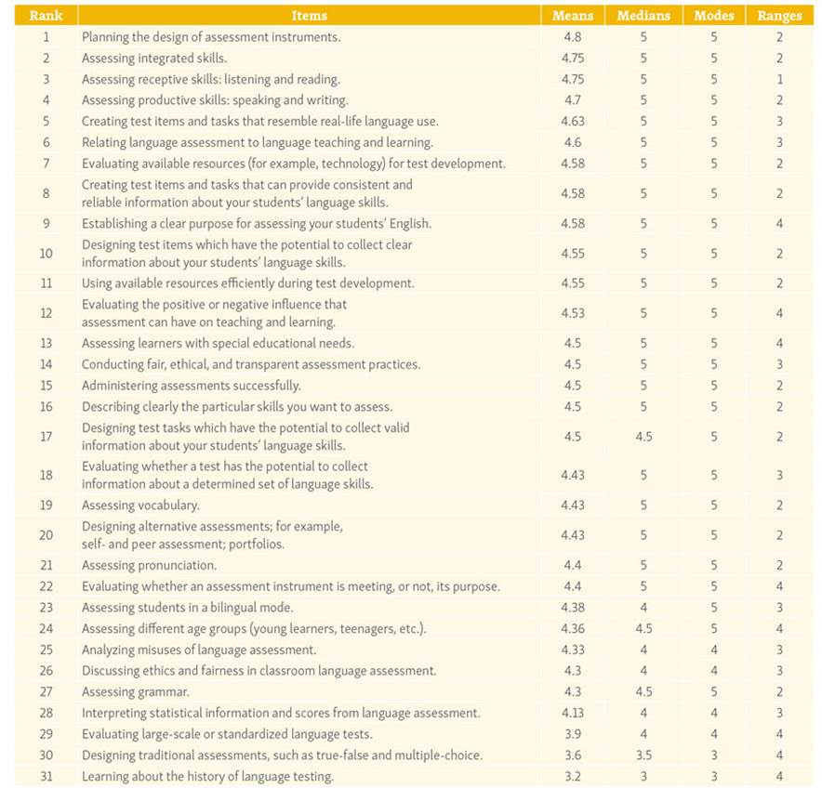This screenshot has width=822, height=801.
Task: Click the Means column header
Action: click(x=572, y=16)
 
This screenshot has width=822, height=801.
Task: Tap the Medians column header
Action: click(x=643, y=16)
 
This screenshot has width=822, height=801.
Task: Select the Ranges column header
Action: click(x=779, y=16)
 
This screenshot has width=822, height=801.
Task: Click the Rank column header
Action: click(x=46, y=16)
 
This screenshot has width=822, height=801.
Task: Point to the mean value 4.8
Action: click(x=572, y=37)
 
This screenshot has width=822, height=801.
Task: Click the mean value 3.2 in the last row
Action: click(x=572, y=776)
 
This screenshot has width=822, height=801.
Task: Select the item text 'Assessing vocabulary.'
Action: click(x=140, y=506)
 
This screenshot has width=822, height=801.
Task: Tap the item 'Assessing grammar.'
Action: click(x=136, y=691)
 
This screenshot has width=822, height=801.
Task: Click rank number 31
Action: click(x=46, y=776)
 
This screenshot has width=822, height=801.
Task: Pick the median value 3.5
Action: click(x=643, y=755)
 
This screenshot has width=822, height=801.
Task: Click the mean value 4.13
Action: click(x=572, y=713)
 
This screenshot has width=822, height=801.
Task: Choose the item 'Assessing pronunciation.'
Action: click(x=149, y=565)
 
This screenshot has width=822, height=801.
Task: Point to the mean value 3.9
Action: click(x=572, y=734)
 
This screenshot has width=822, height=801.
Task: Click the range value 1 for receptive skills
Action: click(x=779, y=79)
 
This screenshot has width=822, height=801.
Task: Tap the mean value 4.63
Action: click(x=572, y=121)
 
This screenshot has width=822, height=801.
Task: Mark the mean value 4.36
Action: click(x=572, y=628)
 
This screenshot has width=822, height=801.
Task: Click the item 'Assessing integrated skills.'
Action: click(x=154, y=58)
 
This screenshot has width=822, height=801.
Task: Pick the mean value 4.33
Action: click(x=572, y=650)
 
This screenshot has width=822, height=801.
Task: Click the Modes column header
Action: click(x=714, y=16)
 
